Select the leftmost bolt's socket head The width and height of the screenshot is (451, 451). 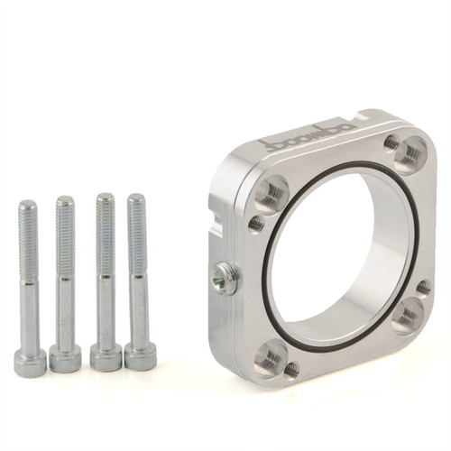[x=30, y=362]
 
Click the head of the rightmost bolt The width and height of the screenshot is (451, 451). [x=140, y=356]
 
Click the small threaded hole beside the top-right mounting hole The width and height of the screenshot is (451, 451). [x=390, y=142]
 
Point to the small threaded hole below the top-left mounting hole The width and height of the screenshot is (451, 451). [x=256, y=222]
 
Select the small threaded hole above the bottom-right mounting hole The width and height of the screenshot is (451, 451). [x=422, y=288]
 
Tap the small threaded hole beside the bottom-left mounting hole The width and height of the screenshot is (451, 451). [x=290, y=369]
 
